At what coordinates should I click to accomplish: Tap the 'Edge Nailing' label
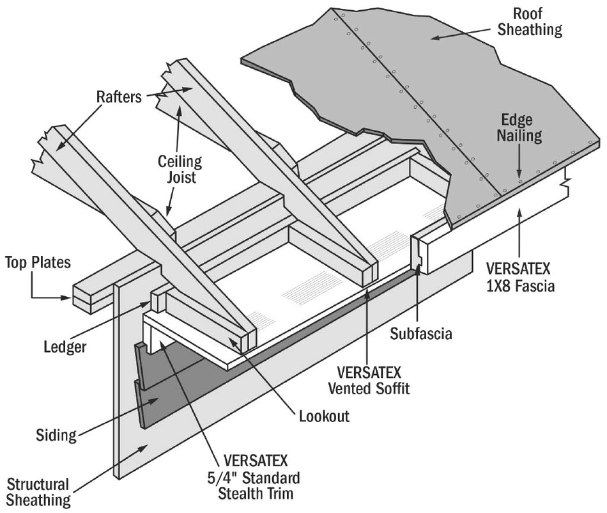[521, 127]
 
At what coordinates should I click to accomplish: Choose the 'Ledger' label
[65, 347]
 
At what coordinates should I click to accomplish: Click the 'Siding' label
[56, 436]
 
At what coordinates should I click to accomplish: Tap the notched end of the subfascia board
[419, 253]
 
